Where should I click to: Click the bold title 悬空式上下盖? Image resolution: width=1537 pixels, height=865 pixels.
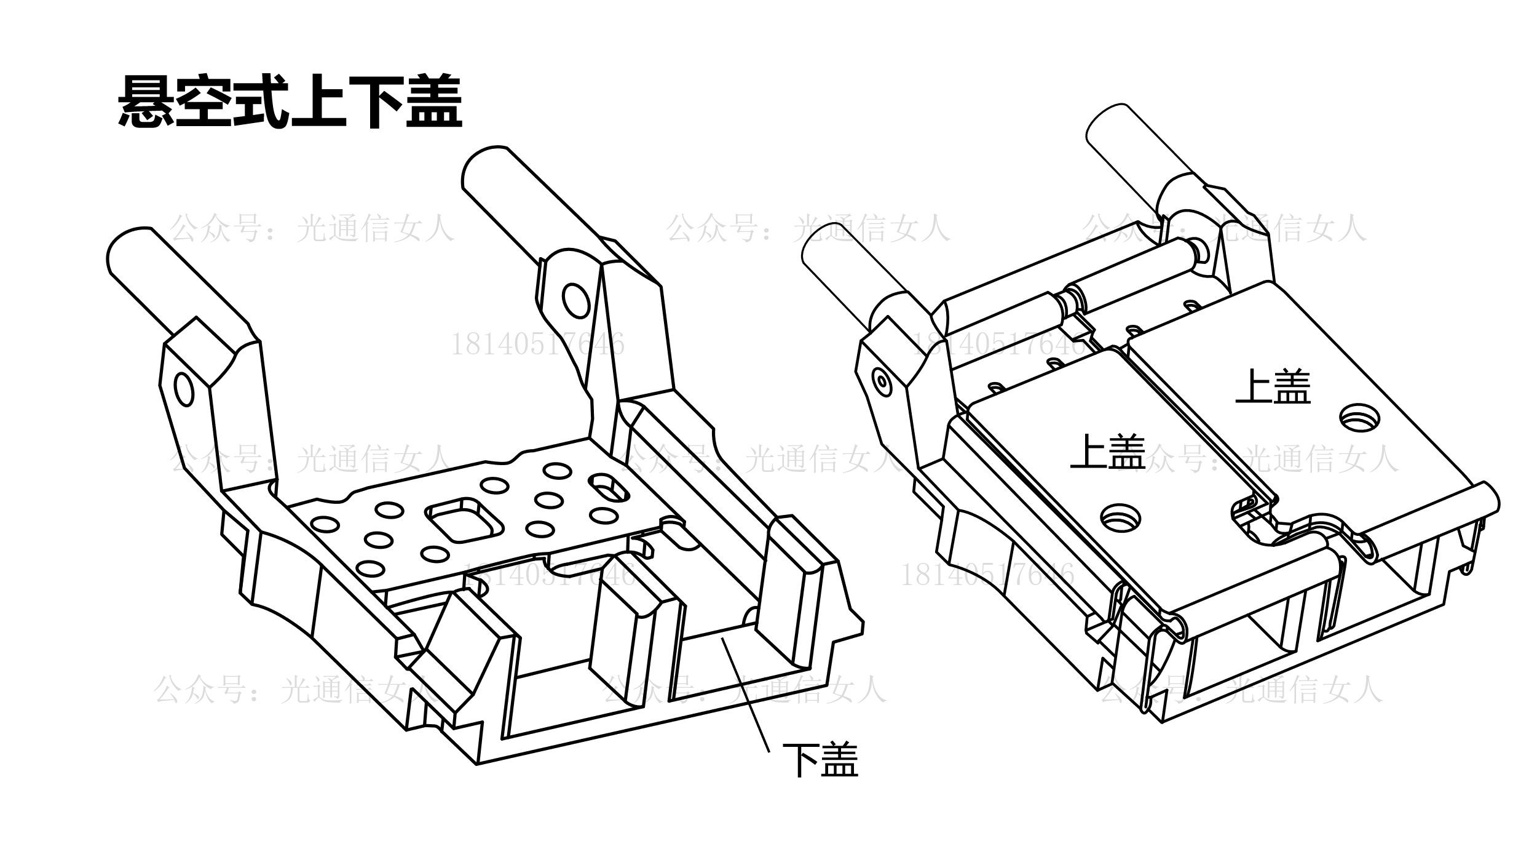290,102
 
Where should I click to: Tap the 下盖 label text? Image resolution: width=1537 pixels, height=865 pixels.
820,760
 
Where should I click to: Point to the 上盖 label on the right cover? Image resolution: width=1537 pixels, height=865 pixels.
1273,386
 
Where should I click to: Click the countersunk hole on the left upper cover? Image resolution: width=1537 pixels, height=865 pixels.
1121,516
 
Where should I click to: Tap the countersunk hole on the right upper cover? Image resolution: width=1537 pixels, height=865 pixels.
1359,419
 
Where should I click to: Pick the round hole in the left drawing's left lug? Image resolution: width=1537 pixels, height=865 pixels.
184,388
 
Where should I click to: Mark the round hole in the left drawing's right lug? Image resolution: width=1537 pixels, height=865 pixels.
576,300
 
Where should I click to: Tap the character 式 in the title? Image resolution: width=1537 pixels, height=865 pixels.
261,102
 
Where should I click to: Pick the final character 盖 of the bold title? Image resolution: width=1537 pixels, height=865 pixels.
434,102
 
